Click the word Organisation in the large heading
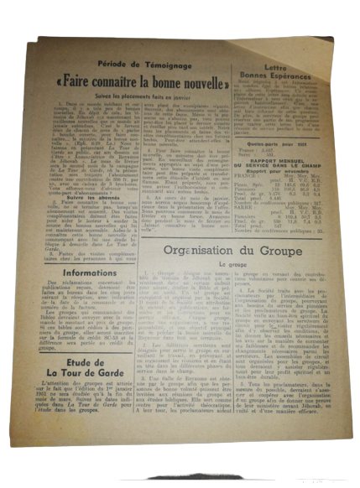pos(198,249)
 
